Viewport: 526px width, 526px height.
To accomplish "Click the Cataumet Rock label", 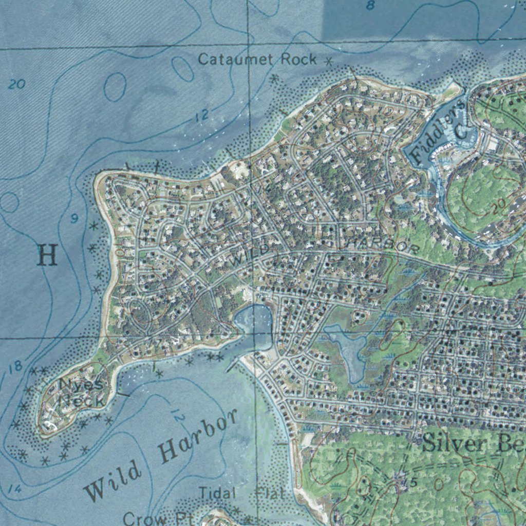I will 257,60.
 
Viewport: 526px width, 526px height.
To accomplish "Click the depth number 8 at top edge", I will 370,6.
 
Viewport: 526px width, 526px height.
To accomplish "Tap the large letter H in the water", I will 47,255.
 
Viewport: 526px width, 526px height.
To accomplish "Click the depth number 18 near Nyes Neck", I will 16,366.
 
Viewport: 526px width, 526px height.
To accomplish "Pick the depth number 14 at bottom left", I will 15,490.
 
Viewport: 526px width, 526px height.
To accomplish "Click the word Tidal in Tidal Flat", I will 217,494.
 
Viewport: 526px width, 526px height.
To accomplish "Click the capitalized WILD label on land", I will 249,254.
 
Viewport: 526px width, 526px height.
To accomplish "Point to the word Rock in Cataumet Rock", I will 298,60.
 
